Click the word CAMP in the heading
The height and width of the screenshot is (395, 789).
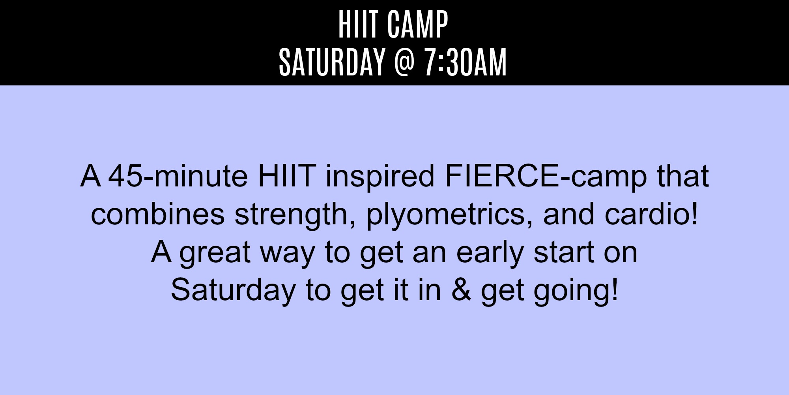418,24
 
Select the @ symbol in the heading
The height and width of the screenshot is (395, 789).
404,62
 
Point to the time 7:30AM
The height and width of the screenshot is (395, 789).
466,62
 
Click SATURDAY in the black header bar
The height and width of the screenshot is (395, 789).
332,62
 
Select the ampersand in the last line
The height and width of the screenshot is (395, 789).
461,290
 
